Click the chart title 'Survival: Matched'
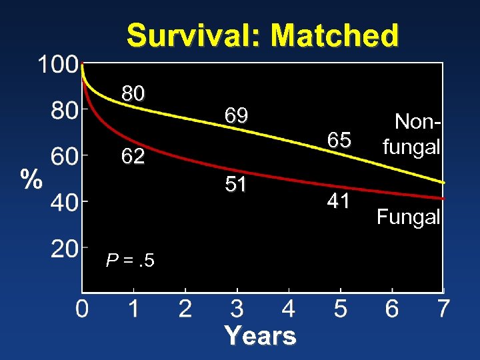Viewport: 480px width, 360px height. pyautogui.click(x=263, y=35)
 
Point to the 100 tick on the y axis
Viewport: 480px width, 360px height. pyautogui.click(x=57, y=65)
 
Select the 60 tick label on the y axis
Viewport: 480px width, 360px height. pyautogui.click(x=65, y=157)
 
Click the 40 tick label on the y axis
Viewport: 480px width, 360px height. pyautogui.click(x=65, y=202)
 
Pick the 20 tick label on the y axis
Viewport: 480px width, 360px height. pyautogui.click(x=65, y=249)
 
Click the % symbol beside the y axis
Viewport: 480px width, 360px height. pyautogui.click(x=30, y=179)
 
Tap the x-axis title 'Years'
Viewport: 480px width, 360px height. pyautogui.click(x=260, y=335)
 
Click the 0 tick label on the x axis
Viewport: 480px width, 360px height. pyautogui.click(x=81, y=309)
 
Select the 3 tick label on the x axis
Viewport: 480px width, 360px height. pyautogui.click(x=237, y=309)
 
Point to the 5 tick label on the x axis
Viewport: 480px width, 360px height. pyautogui.click(x=340, y=309)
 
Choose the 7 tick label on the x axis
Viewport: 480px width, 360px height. pyautogui.click(x=443, y=309)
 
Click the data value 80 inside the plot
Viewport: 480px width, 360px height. pyautogui.click(x=133, y=94)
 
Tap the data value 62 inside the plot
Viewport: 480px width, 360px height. pyautogui.click(x=133, y=157)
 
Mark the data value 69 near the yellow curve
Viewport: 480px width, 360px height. pyautogui.click(x=236, y=116)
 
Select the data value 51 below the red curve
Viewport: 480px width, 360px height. pyautogui.click(x=236, y=185)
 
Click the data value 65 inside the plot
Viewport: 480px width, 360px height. pyautogui.click(x=339, y=140)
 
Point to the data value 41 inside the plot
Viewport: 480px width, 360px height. pyautogui.click(x=339, y=201)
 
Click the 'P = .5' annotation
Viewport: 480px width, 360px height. pyautogui.click(x=130, y=260)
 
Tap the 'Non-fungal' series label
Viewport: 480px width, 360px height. pyautogui.click(x=411, y=134)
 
